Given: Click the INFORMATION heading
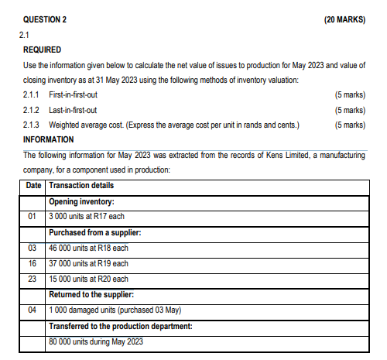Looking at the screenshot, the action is coord(49,139).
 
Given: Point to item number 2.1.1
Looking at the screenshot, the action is coord(35,94).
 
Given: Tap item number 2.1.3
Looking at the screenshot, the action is coord(35,125).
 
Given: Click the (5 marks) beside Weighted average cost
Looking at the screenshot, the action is coord(346,125).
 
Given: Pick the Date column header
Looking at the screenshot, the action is coord(33,185).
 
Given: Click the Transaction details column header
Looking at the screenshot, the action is coord(80,185).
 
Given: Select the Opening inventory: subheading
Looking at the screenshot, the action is coord(82,201).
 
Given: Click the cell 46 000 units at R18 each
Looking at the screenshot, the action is coord(88,248).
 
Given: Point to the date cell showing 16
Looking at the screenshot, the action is coord(33,263).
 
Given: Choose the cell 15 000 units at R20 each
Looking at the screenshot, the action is coord(88,279).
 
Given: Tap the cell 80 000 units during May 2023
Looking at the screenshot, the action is coord(96,341).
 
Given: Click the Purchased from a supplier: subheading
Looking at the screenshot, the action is coord(94,232).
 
